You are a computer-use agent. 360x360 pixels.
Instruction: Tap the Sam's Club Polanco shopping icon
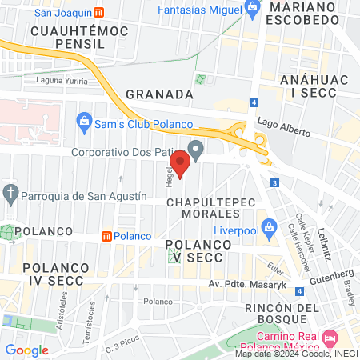(82, 122)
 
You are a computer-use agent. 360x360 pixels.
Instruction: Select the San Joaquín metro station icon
(98, 13)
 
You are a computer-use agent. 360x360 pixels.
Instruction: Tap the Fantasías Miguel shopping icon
(252, 10)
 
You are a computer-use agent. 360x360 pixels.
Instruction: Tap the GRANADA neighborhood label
(160, 94)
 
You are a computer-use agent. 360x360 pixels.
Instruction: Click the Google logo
(26, 350)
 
